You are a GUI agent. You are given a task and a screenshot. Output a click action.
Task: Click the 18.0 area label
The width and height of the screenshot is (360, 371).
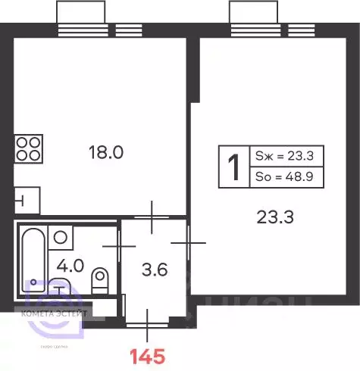click(x=107, y=152)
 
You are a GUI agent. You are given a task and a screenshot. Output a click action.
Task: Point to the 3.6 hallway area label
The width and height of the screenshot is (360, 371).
click(x=155, y=268)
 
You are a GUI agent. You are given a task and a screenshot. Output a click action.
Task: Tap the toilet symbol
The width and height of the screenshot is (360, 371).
click(x=99, y=280)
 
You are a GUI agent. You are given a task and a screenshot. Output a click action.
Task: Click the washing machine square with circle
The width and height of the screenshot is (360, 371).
click(x=61, y=236)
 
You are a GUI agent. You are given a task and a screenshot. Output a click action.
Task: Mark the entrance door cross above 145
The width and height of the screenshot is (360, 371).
click(x=149, y=317)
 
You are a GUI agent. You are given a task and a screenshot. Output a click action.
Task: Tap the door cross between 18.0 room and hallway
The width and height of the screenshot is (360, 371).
click(x=154, y=217)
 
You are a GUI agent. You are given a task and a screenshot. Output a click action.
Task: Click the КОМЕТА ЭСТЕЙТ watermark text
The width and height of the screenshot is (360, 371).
click(x=58, y=311)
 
